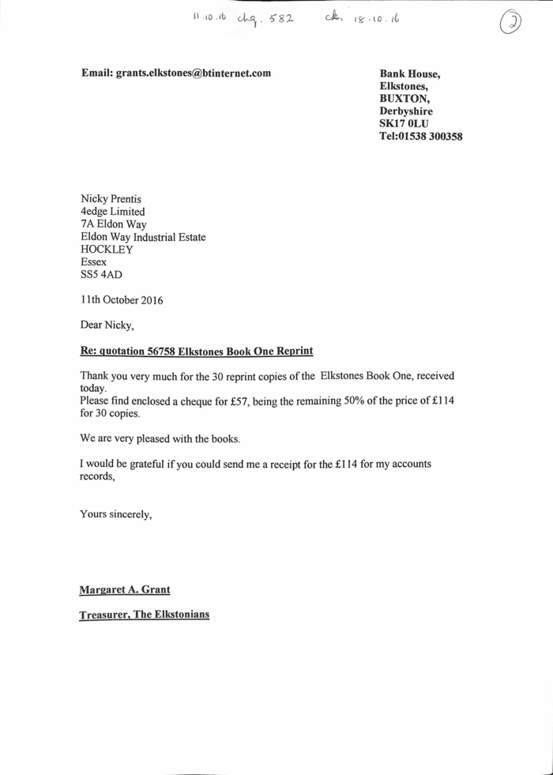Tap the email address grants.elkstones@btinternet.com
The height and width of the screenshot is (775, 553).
point(194,73)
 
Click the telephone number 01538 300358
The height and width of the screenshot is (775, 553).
point(432,136)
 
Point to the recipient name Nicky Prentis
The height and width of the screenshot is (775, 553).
point(111,198)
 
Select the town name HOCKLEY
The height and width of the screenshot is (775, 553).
point(107,249)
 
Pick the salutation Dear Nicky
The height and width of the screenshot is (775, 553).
point(107,324)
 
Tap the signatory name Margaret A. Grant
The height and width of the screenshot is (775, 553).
point(125,589)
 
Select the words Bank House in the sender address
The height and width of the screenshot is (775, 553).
point(410,74)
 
